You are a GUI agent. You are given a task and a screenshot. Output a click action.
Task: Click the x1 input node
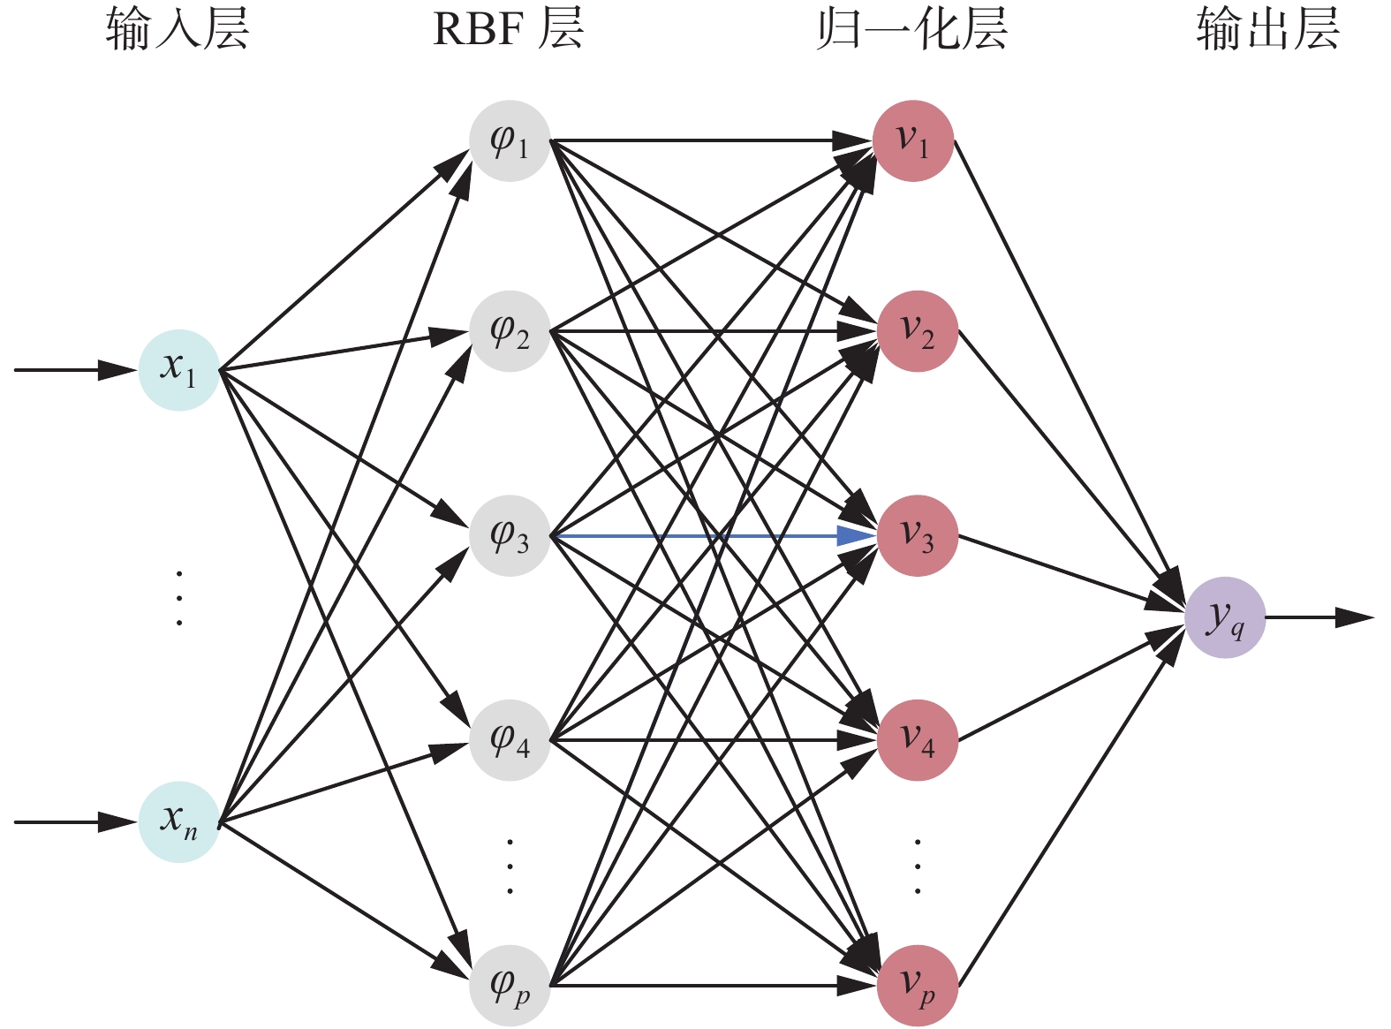coord(178,370)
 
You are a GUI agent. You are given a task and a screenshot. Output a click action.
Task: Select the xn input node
coord(178,821)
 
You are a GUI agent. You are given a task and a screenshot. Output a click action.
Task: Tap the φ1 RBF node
coord(510,141)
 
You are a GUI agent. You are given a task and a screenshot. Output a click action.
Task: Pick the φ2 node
coord(510,331)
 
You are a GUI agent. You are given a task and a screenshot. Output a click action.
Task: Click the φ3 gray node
coord(510,536)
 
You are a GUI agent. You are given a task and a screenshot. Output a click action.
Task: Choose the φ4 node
coord(510,740)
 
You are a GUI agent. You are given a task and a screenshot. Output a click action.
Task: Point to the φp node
coord(510,985)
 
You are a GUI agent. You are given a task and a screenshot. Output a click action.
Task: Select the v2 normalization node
coord(917,331)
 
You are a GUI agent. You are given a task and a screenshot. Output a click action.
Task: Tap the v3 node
coord(917,536)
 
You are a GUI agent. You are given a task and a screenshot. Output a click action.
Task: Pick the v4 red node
coord(917,740)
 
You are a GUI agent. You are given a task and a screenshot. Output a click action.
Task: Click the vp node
coord(917,985)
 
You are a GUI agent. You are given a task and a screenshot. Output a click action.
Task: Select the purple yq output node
coord(1225,617)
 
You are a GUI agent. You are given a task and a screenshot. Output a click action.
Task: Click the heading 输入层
coord(178,29)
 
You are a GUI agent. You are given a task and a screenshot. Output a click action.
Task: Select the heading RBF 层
coord(508,29)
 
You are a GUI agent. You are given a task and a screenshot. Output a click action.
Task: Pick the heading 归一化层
coord(911,29)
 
